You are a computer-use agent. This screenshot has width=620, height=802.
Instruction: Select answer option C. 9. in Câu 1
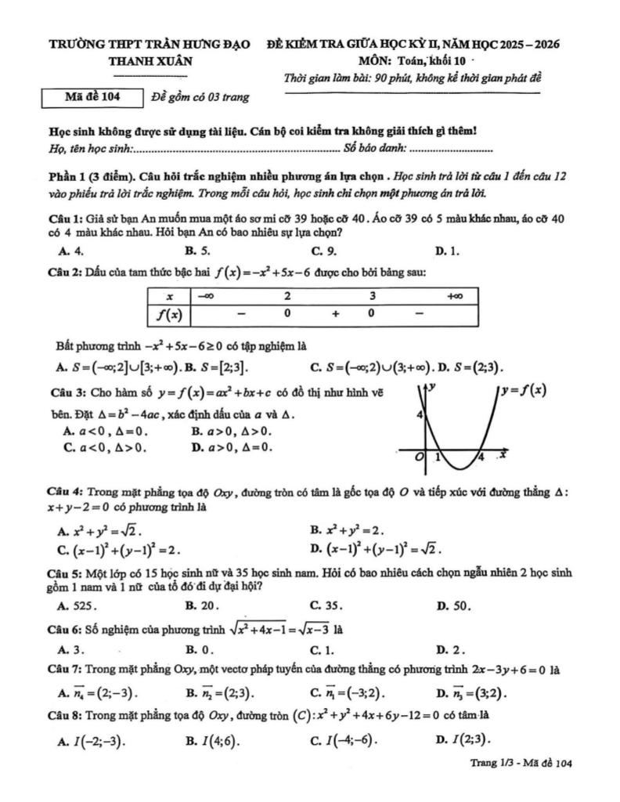[323, 251]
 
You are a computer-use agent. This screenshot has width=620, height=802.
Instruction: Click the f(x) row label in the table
[170, 313]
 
